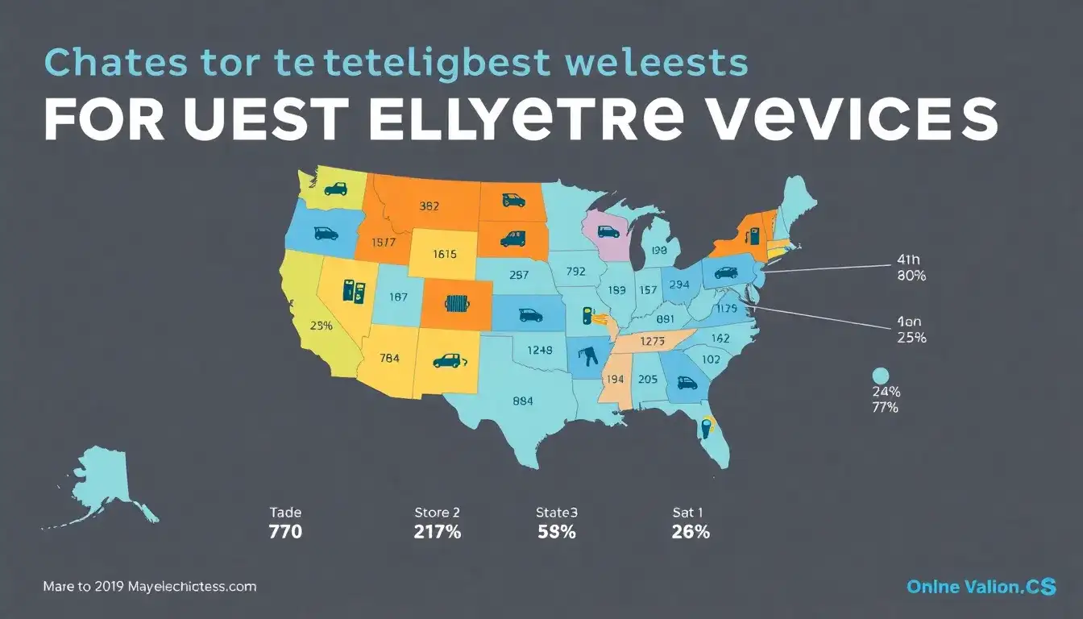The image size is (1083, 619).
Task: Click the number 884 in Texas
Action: pyautogui.click(x=522, y=399)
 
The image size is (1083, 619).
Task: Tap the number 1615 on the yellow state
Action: pyautogui.click(x=444, y=253)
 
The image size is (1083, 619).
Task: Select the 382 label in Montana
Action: pyautogui.click(x=429, y=206)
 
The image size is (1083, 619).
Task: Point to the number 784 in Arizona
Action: pyautogui.click(x=390, y=358)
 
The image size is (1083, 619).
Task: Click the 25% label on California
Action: pyautogui.click(x=321, y=326)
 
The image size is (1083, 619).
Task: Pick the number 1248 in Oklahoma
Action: pyautogui.click(x=539, y=350)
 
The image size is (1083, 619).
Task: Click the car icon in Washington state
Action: pyautogui.click(x=334, y=189)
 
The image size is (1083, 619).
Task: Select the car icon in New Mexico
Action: pyautogui.click(x=446, y=361)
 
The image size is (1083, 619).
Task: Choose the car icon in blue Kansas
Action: pyautogui.click(x=530, y=315)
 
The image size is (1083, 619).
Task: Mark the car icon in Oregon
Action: pyautogui.click(x=326, y=234)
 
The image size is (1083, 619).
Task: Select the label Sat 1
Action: pyautogui.click(x=689, y=512)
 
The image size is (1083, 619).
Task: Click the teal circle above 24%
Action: pyautogui.click(x=880, y=375)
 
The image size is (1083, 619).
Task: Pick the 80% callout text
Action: pyautogui.click(x=911, y=276)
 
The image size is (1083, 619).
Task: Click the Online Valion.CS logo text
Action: pyautogui.click(x=981, y=588)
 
